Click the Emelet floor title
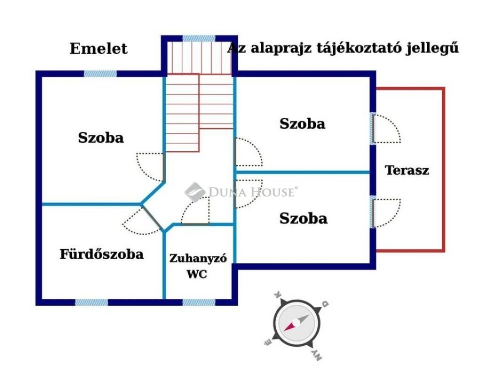(x=98, y=49)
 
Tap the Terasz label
(x=407, y=170)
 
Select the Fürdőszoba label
(x=102, y=254)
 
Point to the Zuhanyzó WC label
(x=198, y=266)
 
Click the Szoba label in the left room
(x=101, y=138)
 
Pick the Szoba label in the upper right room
(x=302, y=124)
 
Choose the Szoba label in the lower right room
(x=304, y=219)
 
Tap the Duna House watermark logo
(x=241, y=192)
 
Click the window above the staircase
(x=199, y=39)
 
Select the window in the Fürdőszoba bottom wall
(x=92, y=302)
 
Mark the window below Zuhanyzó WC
(x=199, y=302)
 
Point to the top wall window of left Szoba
(x=101, y=74)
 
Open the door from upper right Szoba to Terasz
(x=386, y=129)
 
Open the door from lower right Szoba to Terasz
(x=386, y=213)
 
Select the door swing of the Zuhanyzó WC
(x=195, y=211)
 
